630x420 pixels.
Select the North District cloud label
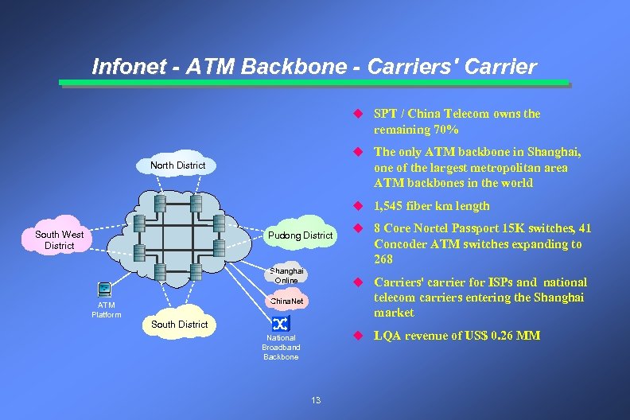pos(177,165)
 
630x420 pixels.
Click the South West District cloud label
pos(60,240)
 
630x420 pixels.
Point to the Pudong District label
pos(300,235)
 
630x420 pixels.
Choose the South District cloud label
pos(179,325)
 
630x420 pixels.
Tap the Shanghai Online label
pos(286,275)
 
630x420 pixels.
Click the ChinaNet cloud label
pos(287,302)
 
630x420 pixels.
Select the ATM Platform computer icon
pos(104,290)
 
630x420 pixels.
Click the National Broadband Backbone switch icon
pos(281,323)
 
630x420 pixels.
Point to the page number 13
pos(316,400)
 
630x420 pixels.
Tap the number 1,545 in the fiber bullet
pos(392,206)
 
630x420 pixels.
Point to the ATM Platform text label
pos(106,309)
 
